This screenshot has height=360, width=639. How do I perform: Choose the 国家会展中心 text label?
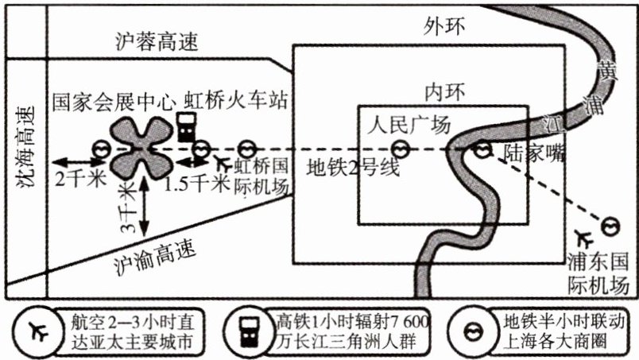[x=113, y=102]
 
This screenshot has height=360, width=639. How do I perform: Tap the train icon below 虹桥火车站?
[x=186, y=126]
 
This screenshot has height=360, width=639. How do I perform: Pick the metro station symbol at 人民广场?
[x=402, y=149]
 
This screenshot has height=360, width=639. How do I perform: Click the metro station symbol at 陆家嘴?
[x=482, y=149]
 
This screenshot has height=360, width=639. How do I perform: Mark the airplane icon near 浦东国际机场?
[x=587, y=238]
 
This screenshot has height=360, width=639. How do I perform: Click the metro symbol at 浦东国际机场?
[x=611, y=226]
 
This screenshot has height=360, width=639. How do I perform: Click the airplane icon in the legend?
[x=37, y=330]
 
